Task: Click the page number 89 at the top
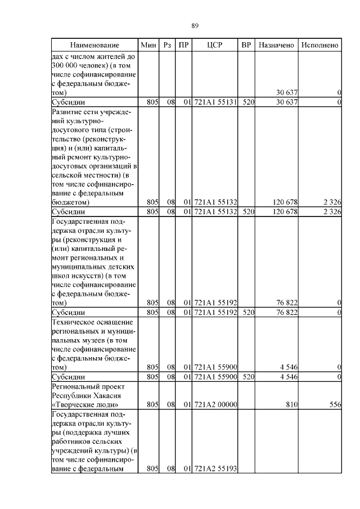click(195, 26)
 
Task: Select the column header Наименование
click(94, 44)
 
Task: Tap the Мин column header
click(148, 44)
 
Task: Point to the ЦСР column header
click(215, 44)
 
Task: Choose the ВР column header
click(246, 44)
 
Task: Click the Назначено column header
click(276, 44)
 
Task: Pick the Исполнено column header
click(319, 44)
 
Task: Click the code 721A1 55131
click(215, 102)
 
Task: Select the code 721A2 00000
click(215, 404)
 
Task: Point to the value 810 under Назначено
click(290, 404)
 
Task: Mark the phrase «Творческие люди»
click(84, 404)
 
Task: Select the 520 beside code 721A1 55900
click(246, 376)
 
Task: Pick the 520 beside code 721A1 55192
click(246, 312)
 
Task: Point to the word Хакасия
click(104, 395)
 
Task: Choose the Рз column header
click(167, 44)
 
